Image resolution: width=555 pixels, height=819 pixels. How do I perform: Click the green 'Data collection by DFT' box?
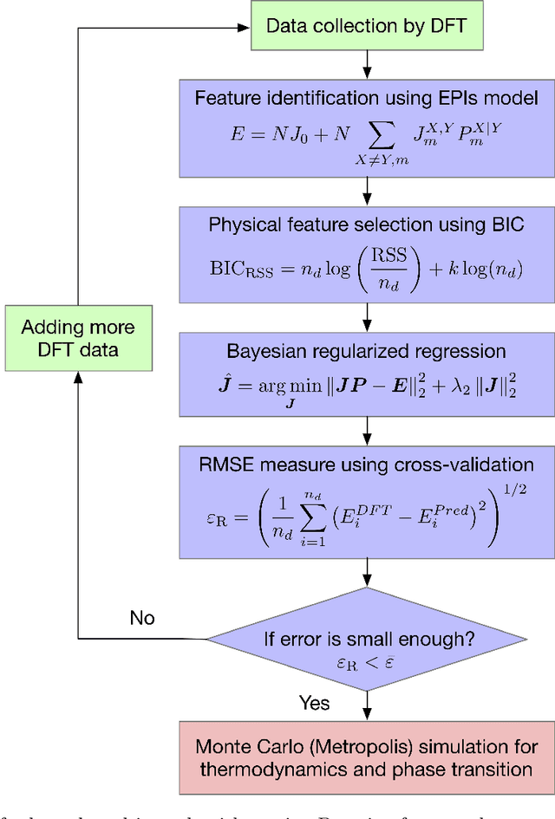pyautogui.click(x=366, y=25)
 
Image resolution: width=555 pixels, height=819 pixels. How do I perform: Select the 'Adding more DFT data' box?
pyautogui.click(x=78, y=338)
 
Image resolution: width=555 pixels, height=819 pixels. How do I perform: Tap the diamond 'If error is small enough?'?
pyautogui.click(x=369, y=641)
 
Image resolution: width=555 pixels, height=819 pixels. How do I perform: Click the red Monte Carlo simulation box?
pyautogui.click(x=366, y=757)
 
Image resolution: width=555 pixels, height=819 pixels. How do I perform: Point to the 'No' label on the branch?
pyautogui.click(x=142, y=617)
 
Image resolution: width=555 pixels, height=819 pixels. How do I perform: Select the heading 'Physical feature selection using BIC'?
pyautogui.click(x=366, y=224)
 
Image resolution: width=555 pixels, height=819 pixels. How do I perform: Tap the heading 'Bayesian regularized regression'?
pyautogui.click(x=366, y=352)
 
